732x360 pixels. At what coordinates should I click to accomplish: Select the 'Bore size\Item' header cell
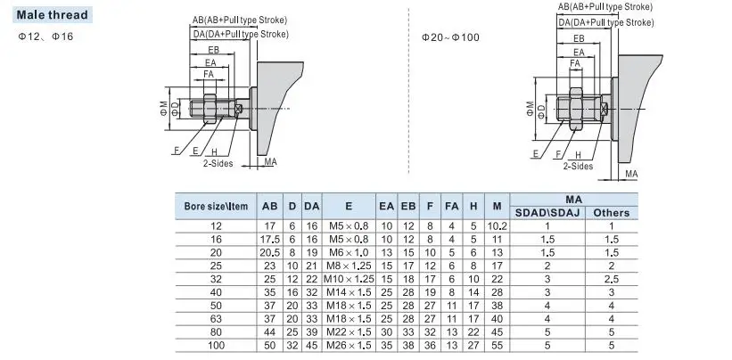215,206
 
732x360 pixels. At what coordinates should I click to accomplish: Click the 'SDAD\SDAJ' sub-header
548,212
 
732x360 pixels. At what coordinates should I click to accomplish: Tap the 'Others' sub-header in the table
612,212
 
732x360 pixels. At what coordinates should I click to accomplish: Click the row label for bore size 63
215,318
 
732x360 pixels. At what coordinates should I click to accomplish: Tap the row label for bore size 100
215,345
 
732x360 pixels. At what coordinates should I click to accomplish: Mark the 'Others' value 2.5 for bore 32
612,279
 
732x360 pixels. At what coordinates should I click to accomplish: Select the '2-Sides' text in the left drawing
218,164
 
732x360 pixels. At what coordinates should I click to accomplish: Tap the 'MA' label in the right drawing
630,173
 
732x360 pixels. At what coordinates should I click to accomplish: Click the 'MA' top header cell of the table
580,200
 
